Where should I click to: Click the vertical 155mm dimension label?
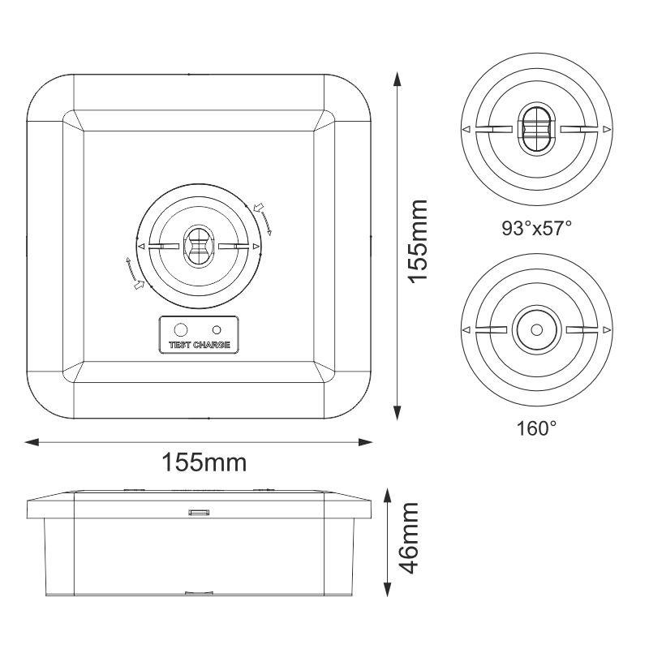pyautogui.click(x=418, y=242)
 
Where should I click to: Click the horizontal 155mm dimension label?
pyautogui.click(x=204, y=462)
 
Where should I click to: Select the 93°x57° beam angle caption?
pyautogui.click(x=536, y=228)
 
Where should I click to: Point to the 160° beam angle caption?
pyautogui.click(x=536, y=428)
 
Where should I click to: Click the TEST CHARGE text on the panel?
pyautogui.click(x=199, y=345)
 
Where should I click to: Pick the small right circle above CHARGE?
pyautogui.click(x=217, y=329)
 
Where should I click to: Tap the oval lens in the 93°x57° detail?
pyautogui.click(x=535, y=129)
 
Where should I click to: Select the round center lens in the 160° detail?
pyautogui.click(x=535, y=329)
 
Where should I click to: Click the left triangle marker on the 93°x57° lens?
pyautogui.click(x=465, y=130)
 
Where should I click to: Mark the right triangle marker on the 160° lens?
pyautogui.click(x=606, y=330)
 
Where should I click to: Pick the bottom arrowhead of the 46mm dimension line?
pyautogui.click(x=388, y=595)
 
